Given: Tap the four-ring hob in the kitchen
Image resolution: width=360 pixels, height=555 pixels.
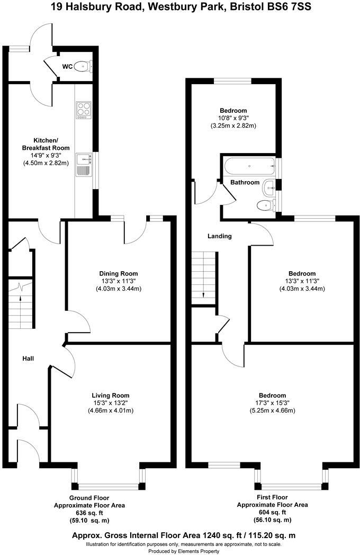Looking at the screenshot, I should coord(84,110).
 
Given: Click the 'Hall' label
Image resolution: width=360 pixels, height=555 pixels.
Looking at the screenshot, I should coord(28,359).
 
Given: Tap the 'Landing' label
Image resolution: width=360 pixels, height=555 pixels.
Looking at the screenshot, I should coord(219,236).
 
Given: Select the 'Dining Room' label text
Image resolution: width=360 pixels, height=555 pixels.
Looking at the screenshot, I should coord(119,274).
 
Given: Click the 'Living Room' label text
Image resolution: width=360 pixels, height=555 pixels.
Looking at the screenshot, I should coord(111,396).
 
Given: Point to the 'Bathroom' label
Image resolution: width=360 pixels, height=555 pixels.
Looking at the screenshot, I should coord(245,182).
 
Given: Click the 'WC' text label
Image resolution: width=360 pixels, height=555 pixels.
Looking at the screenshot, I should coord(67,67).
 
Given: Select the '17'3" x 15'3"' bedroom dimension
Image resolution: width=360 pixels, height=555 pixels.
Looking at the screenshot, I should coord(272,403).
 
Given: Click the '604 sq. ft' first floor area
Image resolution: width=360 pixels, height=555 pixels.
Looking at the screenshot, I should coord(272,513).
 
